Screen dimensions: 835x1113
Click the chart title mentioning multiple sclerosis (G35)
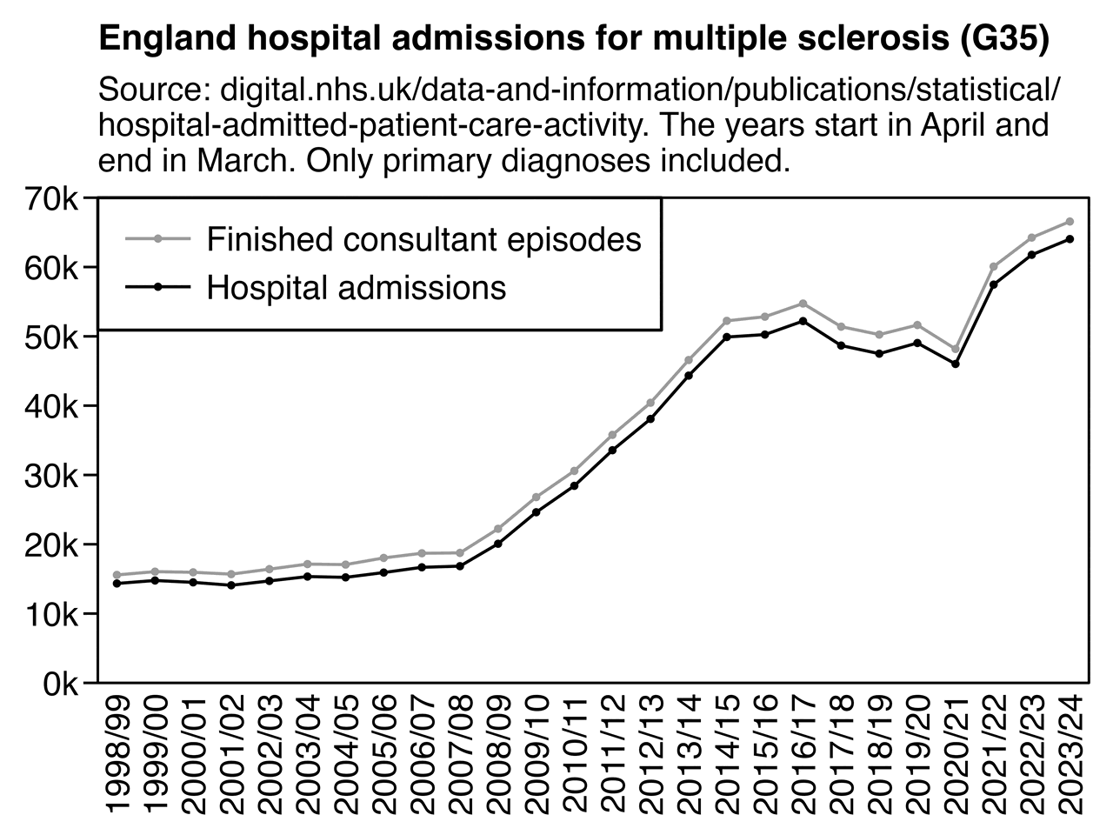[574, 39]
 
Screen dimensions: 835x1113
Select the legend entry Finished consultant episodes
[423, 239]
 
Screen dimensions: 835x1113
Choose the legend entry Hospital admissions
[357, 287]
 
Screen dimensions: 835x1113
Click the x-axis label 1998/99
[117, 753]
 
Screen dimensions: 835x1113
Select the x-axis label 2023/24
[1070, 753]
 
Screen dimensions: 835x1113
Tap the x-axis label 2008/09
[498, 753]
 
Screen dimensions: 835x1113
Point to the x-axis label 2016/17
[803, 753]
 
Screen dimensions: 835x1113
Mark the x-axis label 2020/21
[956, 753]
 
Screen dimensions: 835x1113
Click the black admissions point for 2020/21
[956, 364]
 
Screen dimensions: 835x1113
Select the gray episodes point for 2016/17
[803, 304]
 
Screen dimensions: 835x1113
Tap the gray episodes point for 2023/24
[1070, 222]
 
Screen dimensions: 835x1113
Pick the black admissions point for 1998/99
[117, 583]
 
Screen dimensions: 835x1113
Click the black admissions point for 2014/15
[727, 337]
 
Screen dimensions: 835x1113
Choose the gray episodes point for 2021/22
[993, 266]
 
